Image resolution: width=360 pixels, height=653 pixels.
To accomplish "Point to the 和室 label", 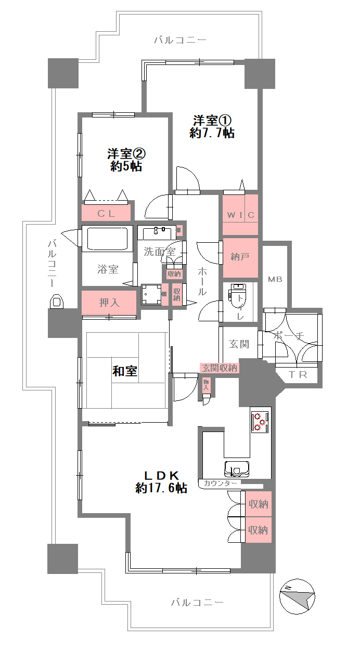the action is (x=124, y=371).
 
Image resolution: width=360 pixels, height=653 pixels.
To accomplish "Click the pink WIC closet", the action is (x=240, y=215).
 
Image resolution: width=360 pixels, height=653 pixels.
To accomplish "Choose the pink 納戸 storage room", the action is (x=240, y=258).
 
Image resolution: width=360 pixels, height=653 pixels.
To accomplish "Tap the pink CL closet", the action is (x=106, y=213).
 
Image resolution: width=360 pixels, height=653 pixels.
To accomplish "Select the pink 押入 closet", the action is (x=109, y=302).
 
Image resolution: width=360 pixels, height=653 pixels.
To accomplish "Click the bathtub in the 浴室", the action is (x=107, y=239).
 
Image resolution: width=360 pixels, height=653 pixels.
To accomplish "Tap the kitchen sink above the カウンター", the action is (x=237, y=468).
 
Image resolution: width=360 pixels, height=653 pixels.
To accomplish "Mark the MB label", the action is (x=275, y=279).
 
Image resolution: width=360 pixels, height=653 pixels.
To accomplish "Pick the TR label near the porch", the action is (x=298, y=375).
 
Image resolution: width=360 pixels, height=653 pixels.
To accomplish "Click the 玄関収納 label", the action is (x=220, y=368).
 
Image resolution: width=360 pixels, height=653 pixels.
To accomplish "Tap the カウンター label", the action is (x=220, y=484).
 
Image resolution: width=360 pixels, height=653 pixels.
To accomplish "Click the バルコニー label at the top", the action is (x=180, y=40).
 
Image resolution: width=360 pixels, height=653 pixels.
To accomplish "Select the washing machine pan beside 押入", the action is (x=151, y=294).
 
